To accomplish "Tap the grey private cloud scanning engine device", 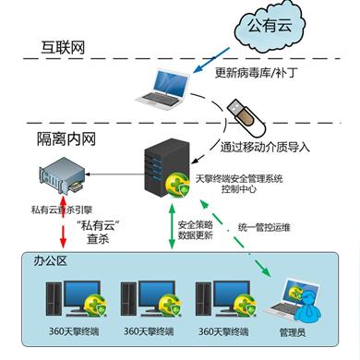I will [x=64, y=176].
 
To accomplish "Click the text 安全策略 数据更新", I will [x=198, y=230].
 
